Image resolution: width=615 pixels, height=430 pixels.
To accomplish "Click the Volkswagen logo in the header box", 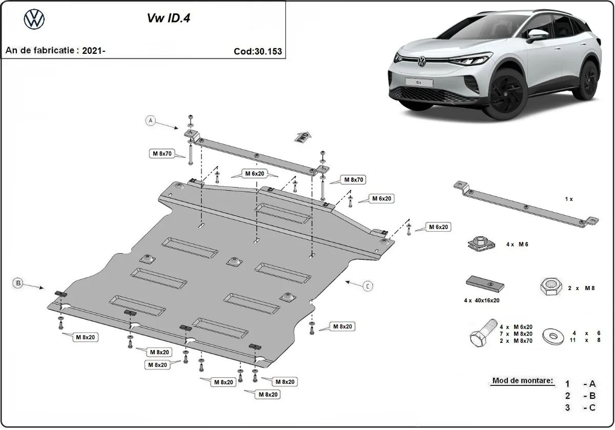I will tap(34, 19).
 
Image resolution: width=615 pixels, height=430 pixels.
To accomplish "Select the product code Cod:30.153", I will tap(257, 51).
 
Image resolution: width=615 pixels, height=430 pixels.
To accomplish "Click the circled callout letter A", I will tap(150, 121).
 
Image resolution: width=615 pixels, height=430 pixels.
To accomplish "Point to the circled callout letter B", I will tap(18, 283).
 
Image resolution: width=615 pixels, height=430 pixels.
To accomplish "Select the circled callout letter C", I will tap(367, 286).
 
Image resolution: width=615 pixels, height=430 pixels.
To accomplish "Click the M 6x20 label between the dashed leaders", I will tap(254, 173).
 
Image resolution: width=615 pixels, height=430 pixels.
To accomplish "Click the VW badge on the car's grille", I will tap(421, 63).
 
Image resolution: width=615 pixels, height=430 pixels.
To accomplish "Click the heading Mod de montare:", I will tap(523, 381).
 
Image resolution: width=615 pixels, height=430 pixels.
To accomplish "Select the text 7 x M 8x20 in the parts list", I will tap(516, 333).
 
